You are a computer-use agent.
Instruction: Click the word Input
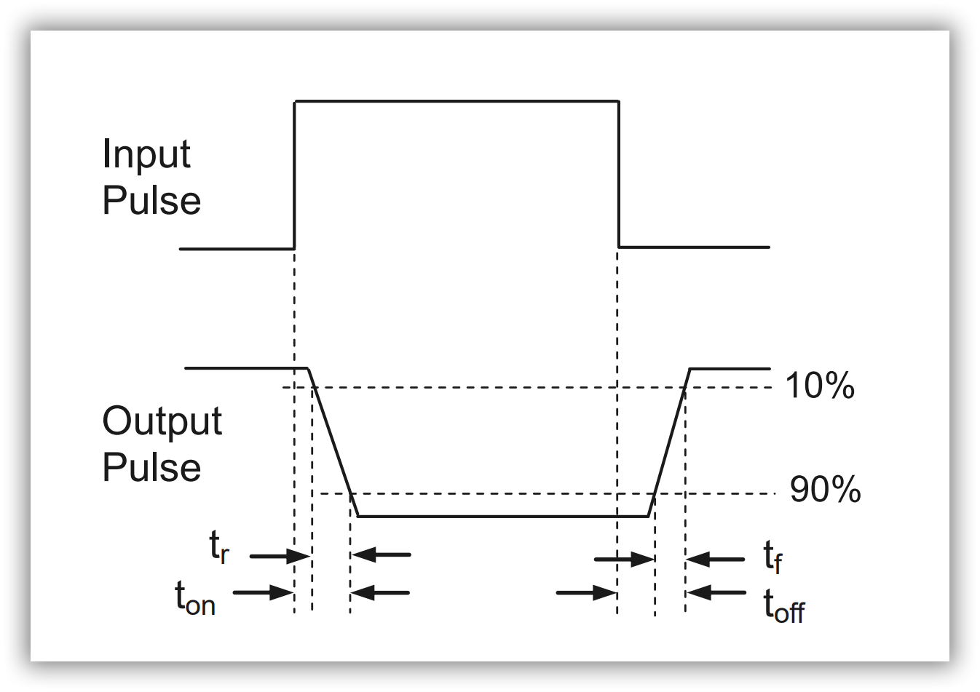146,155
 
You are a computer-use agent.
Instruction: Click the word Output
162,422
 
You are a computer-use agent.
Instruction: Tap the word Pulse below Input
151,201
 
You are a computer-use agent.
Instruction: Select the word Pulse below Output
151,468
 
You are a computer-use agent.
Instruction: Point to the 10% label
819,386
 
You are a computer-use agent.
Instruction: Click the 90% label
825,490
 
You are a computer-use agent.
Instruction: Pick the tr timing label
219,546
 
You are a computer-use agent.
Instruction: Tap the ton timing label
195,599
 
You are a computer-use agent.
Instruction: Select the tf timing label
772,557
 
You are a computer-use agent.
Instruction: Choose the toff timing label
783,606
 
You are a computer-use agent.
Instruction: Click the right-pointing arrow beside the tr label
280,557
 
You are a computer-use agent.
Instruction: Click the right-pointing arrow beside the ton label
263,592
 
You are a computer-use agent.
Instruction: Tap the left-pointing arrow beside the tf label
715,560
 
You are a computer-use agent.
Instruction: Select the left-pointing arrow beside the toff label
716,592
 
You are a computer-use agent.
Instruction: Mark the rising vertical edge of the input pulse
295,175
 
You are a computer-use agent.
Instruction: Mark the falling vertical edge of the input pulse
619,175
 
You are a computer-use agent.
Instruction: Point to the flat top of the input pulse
457,101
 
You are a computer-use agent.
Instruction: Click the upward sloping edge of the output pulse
669,442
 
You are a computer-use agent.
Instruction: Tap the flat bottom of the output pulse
502,517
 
